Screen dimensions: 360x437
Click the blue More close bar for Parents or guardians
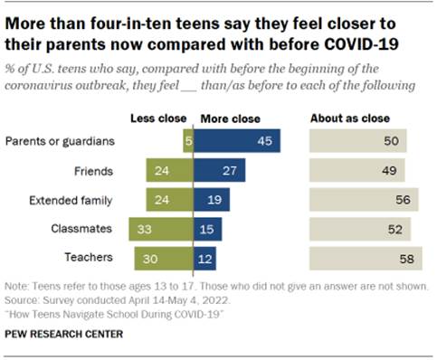[x=237, y=140]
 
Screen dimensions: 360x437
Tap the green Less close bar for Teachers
[x=164, y=259]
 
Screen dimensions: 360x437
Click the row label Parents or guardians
[x=62, y=140]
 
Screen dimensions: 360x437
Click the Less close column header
[x=161, y=118]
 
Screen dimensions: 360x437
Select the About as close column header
[x=351, y=118]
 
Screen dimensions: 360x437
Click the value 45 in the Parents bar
[x=265, y=140]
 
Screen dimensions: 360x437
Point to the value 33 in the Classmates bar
[x=144, y=229]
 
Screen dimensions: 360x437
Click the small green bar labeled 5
[x=187, y=140]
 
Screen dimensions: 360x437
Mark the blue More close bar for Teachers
[x=205, y=259]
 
